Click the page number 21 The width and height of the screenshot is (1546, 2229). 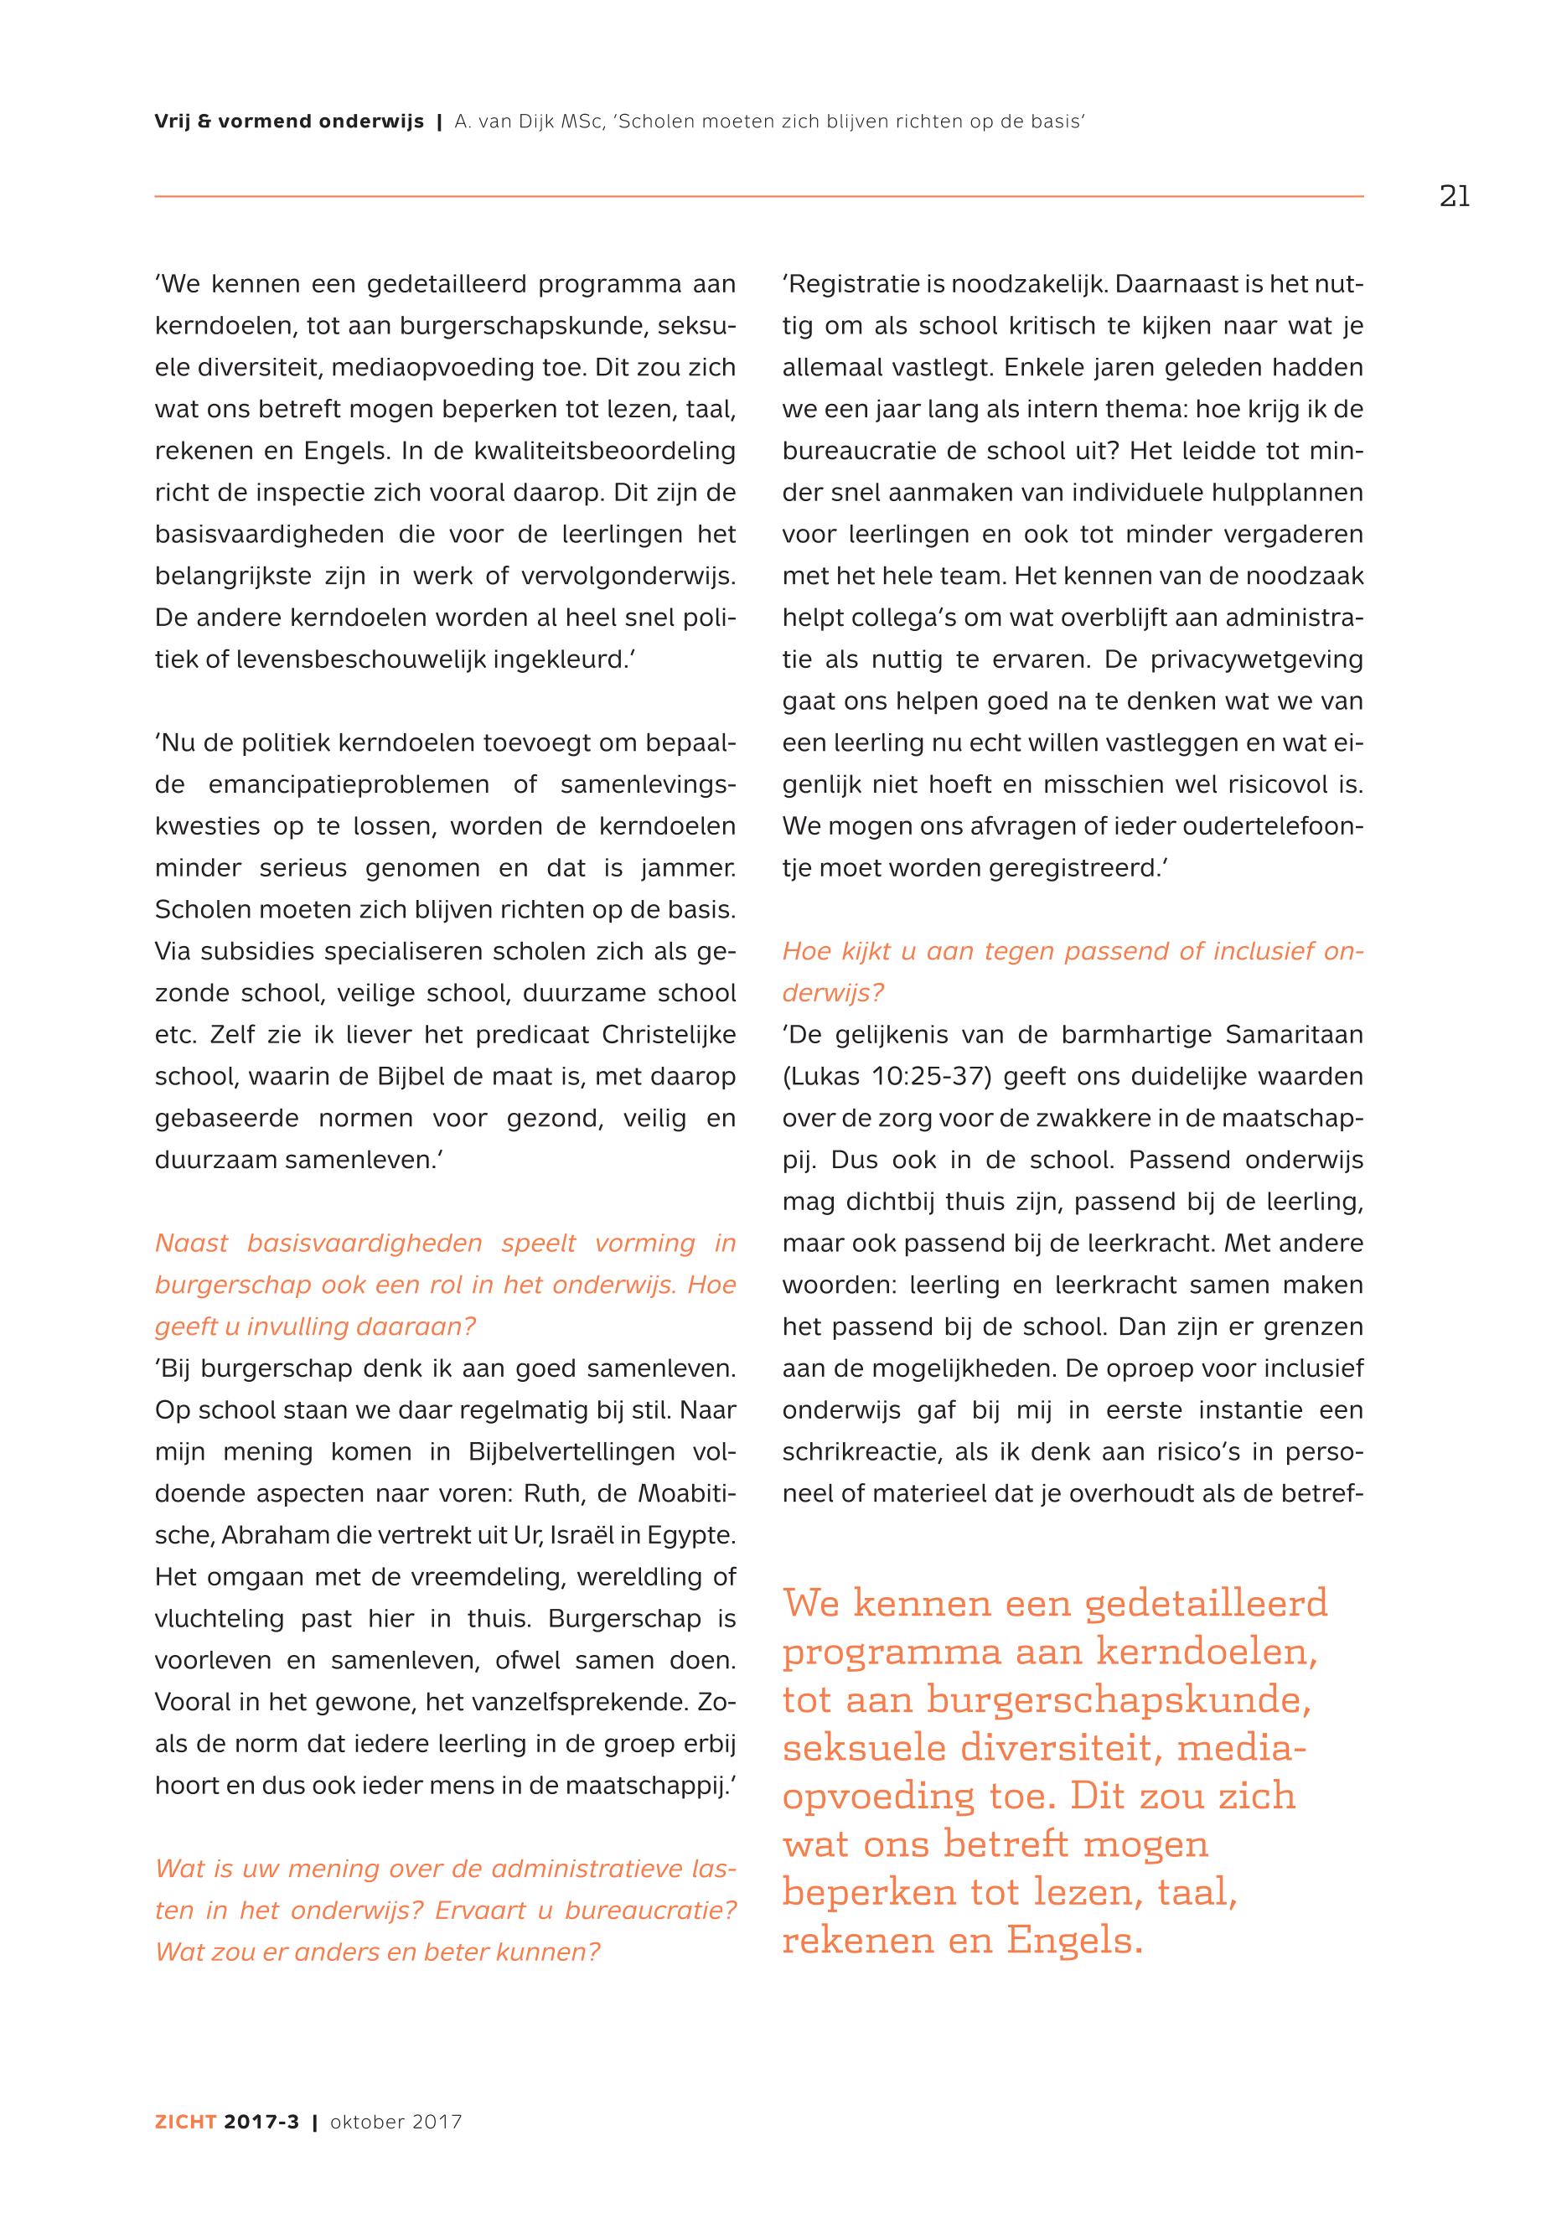point(1454,197)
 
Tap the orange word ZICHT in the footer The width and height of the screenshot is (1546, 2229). point(185,2149)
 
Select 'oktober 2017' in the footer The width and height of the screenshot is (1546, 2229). point(396,2149)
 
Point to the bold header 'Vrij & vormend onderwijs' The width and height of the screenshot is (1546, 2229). point(288,122)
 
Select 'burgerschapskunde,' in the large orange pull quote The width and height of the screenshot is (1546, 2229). point(1118,1700)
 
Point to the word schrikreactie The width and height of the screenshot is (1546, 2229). point(861,1452)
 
